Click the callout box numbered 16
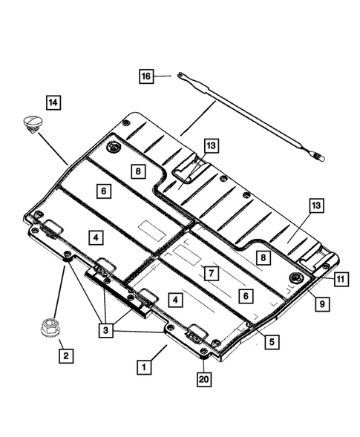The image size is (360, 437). (145, 76)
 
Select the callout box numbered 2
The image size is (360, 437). (65, 356)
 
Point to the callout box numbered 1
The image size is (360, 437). (145, 366)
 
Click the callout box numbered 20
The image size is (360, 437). (203, 380)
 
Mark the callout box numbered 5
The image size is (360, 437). (272, 342)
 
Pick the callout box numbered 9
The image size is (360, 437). (323, 303)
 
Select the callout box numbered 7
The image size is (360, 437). (212, 273)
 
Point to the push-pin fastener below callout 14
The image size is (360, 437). (33, 122)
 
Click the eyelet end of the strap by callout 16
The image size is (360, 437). (180, 75)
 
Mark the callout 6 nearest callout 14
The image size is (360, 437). (103, 191)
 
